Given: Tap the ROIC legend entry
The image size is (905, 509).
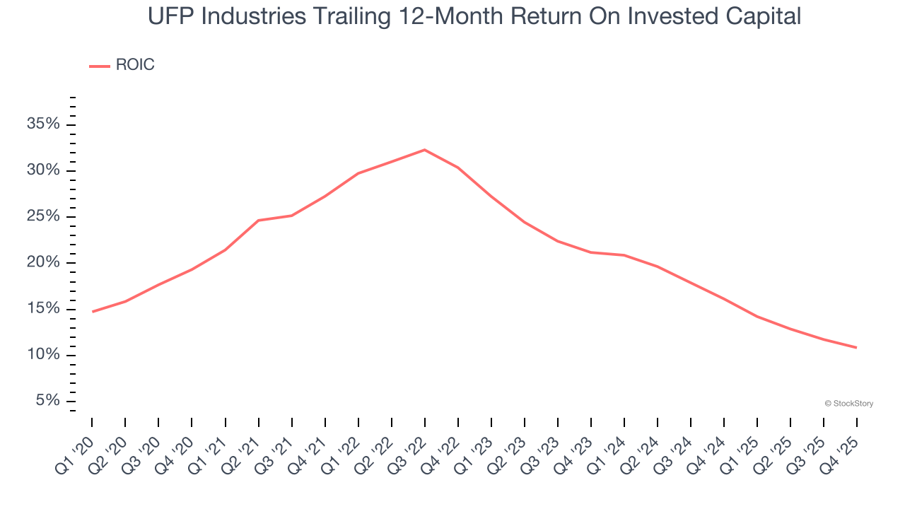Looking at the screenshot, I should [122, 65].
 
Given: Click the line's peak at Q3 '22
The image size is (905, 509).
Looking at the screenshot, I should [424, 150].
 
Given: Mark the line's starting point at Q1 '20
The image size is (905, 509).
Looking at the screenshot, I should [92, 312].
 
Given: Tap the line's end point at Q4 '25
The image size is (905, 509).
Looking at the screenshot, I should [857, 348].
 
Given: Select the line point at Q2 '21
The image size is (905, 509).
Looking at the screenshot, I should [258, 221].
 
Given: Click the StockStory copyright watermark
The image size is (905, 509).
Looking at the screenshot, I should [848, 404].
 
